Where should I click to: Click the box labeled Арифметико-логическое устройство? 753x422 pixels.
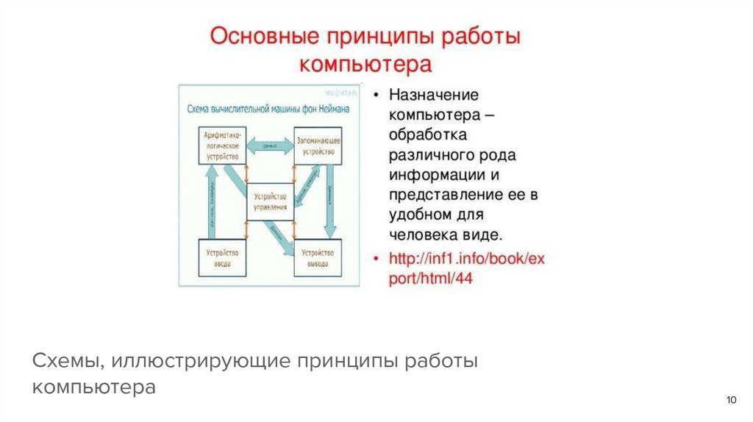click(223, 145)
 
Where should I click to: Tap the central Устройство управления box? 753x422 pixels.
click(270, 201)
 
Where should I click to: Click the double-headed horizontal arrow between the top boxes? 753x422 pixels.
click(269, 146)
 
